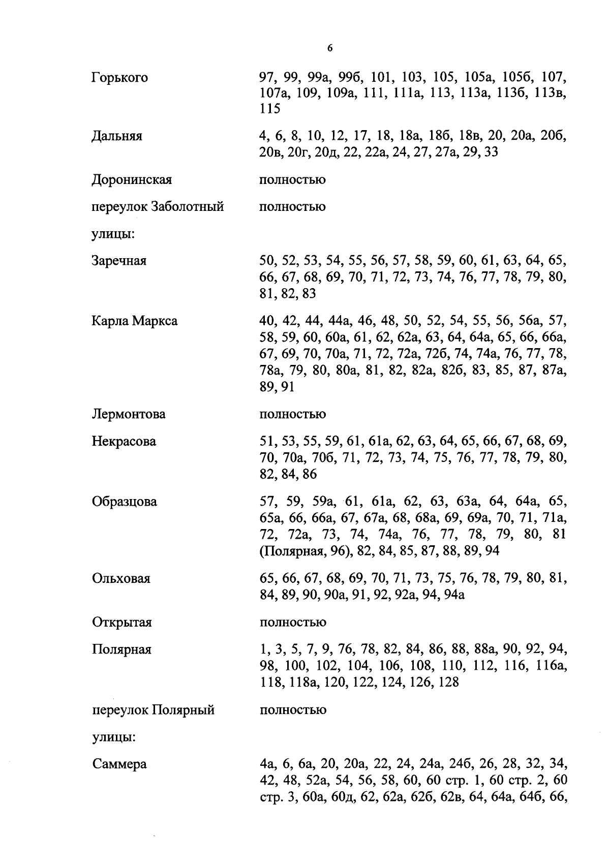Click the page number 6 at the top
click(330, 48)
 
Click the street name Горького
click(120, 78)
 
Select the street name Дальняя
click(117, 136)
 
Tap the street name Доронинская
click(132, 180)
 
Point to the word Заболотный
click(189, 207)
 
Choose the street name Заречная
click(119, 261)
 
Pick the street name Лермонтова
click(129, 414)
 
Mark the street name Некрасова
click(124, 442)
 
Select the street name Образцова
click(125, 502)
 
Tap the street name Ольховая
click(121, 579)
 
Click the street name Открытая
click(122, 623)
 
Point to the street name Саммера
click(119, 764)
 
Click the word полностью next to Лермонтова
click(293, 414)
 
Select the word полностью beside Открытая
click(293, 623)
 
